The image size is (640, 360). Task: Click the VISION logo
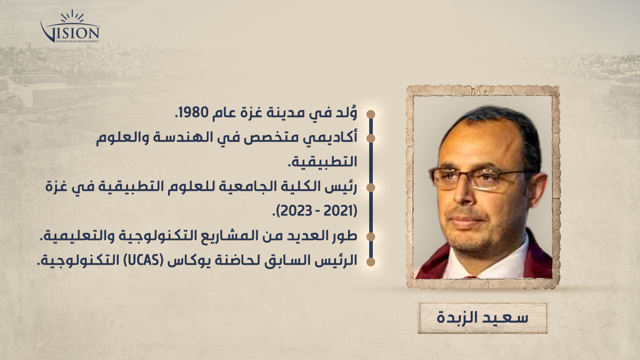(x=70, y=27)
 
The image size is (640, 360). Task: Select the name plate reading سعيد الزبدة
(x=482, y=318)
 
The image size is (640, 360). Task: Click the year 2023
(x=296, y=211)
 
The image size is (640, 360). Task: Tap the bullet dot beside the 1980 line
(x=370, y=114)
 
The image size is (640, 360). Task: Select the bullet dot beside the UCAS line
(x=370, y=262)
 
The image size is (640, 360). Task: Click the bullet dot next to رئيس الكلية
(x=370, y=188)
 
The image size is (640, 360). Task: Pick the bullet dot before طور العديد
(x=370, y=237)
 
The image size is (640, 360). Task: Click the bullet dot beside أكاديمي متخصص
(x=370, y=138)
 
